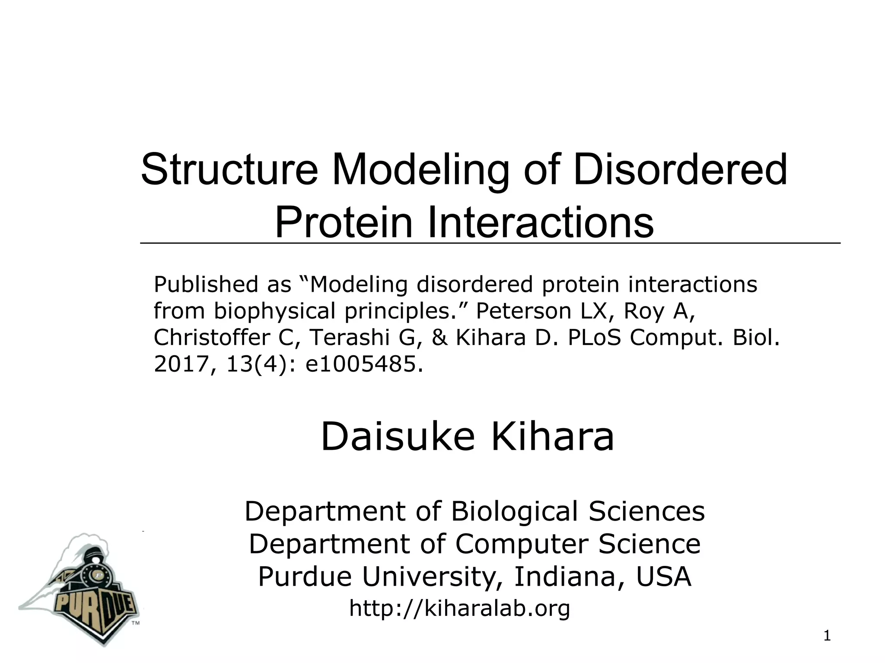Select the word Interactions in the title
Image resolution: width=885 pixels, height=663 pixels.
[540, 223]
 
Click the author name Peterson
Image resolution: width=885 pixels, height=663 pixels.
[523, 311]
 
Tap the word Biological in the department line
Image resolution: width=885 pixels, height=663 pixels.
[514, 511]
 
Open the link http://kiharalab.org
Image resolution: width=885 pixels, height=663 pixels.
[459, 609]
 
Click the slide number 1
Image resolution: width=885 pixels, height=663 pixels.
[827, 636]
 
